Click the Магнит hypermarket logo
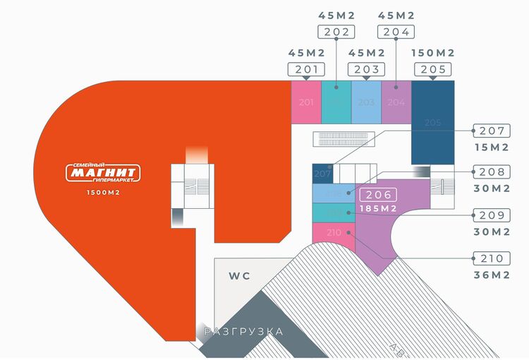coord(104,173)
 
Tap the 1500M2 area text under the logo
coord(104,193)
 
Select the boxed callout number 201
coord(306,69)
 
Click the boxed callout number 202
coord(336,31)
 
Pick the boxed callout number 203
coord(366,69)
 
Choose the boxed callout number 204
coord(396,31)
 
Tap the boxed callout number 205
coord(432,69)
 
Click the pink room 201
coord(306,103)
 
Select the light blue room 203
coord(366,103)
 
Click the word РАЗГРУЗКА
coord(243,331)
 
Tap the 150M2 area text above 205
coord(432,53)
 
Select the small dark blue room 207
coord(322,173)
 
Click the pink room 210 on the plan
coord(333,232)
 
